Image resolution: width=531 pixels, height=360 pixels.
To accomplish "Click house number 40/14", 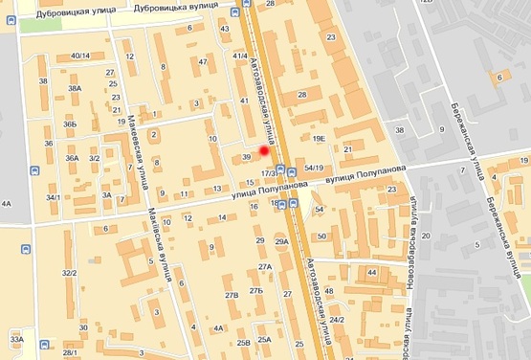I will pos(80,56).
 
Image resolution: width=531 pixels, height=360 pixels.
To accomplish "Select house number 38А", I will pos(75,88).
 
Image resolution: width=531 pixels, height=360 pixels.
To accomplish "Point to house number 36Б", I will pos(70,124).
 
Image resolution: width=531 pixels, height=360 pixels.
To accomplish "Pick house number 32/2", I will pos(69,273).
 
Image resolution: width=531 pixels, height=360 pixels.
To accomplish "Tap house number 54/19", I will pos(313,168).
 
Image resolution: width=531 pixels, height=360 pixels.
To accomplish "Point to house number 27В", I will pos(231,296).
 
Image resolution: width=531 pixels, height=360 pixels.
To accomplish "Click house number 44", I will pos(371,273).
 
